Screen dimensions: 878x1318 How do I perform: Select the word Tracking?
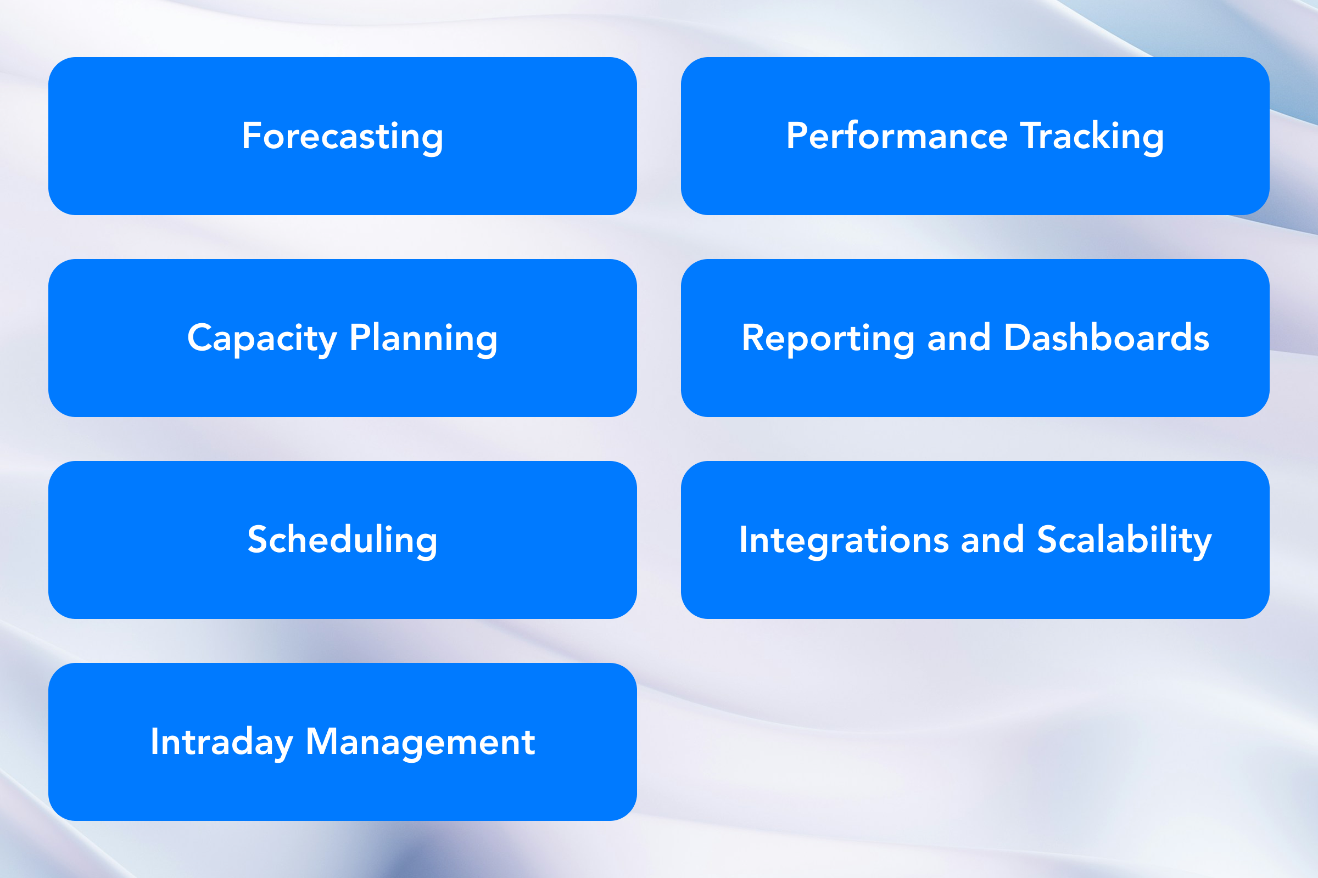pos(1092,136)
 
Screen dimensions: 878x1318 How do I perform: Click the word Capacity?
pos(262,338)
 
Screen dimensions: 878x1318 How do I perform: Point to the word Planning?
pos(423,338)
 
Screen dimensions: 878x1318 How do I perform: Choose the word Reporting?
pos(828,338)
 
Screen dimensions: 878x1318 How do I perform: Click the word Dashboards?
pos(1106,338)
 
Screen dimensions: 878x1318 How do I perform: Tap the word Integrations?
pos(844,540)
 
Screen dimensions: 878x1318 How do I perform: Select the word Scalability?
pos(1124,540)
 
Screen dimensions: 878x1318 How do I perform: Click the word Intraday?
pos(221,742)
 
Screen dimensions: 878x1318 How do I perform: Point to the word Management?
pos(420,742)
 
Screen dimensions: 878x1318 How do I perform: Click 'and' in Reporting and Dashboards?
pos(959,338)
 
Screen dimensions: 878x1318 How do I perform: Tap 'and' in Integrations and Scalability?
pos(992,540)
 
